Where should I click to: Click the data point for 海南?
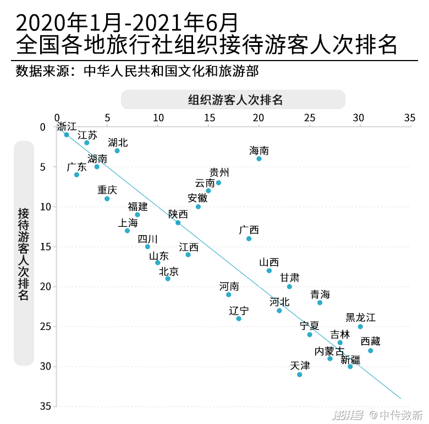pos(259,159)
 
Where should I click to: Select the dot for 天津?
pos(300,374)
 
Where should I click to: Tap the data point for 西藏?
pos(371,350)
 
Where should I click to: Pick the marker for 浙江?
pos(67,134)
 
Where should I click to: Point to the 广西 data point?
pos(249,238)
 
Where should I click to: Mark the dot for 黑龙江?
pos(360,327)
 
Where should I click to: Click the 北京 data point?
pos(168,279)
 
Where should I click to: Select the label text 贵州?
pos(219,172)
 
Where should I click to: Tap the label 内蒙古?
pos(329,351)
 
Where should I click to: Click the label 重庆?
pos(107,189)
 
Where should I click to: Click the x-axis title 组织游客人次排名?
pos(233,100)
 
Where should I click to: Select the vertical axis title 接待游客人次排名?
pos(24,253)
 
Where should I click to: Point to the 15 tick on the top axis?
pos(208,118)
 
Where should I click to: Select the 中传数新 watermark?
pos(395,414)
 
